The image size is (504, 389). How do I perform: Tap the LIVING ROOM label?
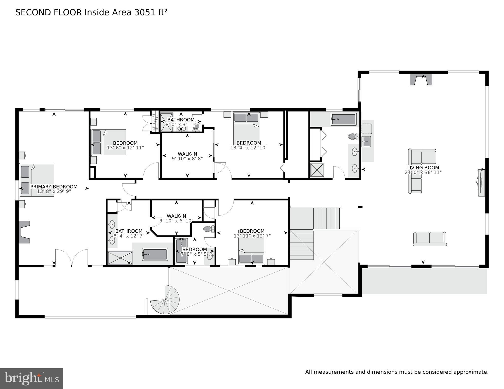423,168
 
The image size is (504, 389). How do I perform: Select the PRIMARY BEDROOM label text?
54,187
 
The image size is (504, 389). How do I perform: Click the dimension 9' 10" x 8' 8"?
187,159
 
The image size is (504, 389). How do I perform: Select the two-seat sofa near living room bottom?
430,239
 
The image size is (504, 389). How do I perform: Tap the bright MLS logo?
31,378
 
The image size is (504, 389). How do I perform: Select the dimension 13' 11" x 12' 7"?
252,236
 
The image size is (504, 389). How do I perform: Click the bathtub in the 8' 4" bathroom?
154,254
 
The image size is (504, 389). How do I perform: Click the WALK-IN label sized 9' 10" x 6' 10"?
176,216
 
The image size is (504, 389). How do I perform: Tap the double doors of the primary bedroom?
72,258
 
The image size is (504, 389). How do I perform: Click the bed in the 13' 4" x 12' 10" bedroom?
246,126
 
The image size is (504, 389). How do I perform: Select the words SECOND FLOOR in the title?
48,12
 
